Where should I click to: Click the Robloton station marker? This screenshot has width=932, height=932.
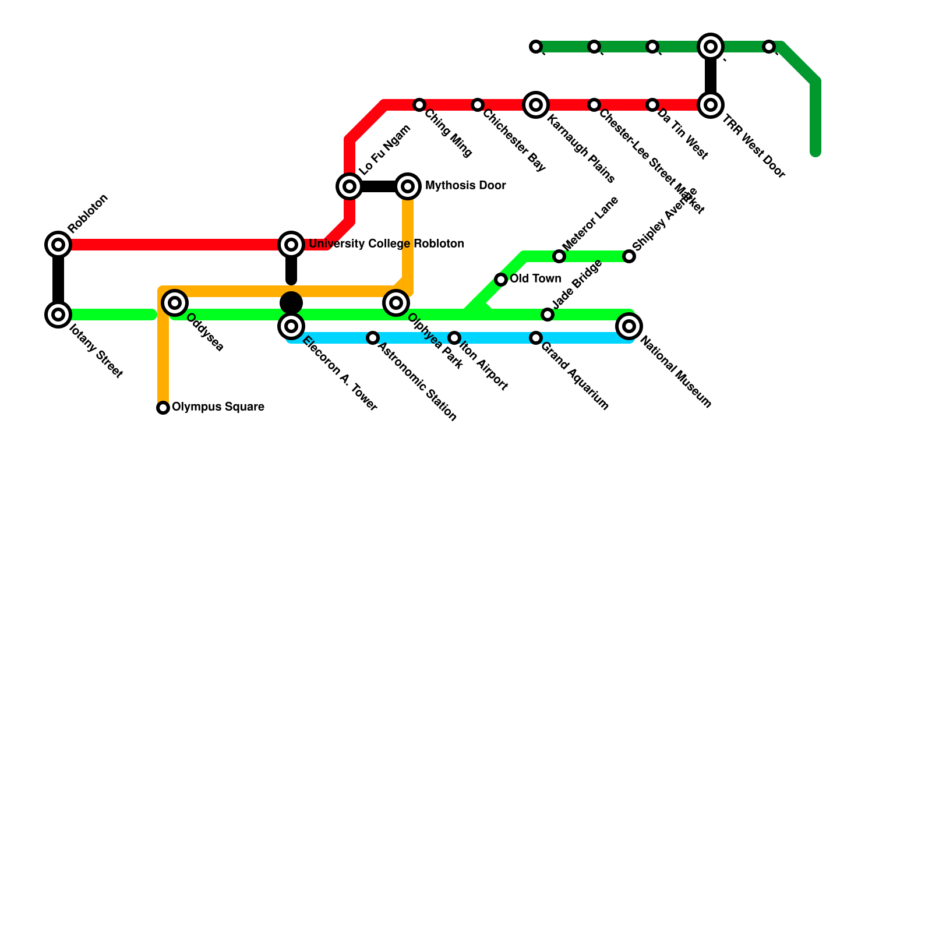tap(58, 245)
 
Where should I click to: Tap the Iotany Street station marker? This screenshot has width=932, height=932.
tap(58, 315)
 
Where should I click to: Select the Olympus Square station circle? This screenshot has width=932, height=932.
tap(163, 408)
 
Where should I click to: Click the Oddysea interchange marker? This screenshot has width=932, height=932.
tap(175, 303)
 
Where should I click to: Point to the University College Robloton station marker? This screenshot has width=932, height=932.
tap(291, 245)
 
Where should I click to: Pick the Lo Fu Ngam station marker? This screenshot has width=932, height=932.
tap(349, 186)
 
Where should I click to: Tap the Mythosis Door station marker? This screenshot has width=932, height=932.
tap(408, 186)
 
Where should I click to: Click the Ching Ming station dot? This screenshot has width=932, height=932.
tap(419, 105)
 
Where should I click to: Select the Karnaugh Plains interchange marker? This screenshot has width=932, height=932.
tap(536, 105)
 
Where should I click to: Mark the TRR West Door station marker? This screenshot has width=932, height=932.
tap(711, 105)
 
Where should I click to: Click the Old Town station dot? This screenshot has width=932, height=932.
tap(501, 280)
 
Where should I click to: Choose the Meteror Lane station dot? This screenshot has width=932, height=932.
tap(559, 256)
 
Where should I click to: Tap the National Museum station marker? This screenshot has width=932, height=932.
tap(629, 326)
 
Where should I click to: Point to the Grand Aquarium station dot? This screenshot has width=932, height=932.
tap(536, 338)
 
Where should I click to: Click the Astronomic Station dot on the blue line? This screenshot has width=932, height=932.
tap(373, 338)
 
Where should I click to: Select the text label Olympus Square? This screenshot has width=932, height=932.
tap(218, 407)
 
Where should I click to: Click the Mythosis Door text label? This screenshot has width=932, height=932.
tap(465, 186)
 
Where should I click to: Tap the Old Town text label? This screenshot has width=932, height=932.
tap(535, 279)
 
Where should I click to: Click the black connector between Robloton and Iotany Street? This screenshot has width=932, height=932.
tap(58, 280)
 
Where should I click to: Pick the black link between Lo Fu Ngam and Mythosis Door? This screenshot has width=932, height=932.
tap(379, 186)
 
